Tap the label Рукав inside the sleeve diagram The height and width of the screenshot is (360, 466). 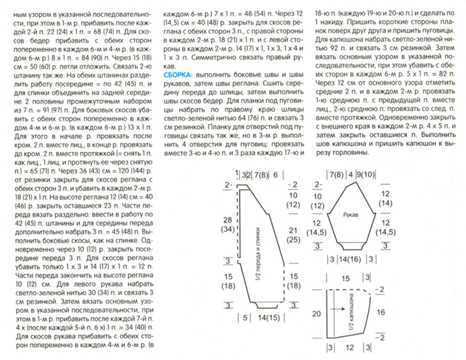pos(351,215)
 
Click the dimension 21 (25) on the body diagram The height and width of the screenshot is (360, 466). pos(293,235)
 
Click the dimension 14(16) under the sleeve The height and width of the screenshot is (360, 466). pos(353,260)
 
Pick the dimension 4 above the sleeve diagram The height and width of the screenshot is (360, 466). pos(352,175)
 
